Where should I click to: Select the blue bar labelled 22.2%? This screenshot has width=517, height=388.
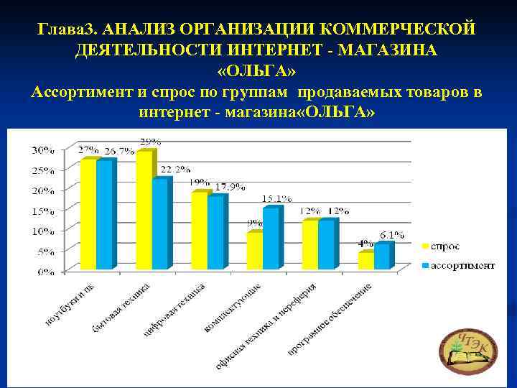[159, 223]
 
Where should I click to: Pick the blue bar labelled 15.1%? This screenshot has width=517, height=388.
[270, 238]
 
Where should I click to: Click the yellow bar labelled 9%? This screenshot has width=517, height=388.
[254, 251]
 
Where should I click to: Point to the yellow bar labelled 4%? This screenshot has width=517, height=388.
[365, 261]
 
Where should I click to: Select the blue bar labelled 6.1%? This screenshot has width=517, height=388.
[381, 257]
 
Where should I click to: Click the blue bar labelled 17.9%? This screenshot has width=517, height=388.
[215, 232]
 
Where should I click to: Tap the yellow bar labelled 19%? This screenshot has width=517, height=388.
[199, 230]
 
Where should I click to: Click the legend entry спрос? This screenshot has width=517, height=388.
[444, 246]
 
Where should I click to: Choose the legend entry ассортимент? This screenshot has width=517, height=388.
[458, 265]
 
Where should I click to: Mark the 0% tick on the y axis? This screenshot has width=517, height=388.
[45, 272]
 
